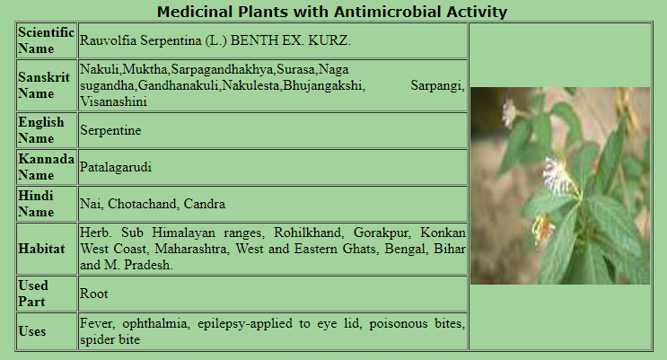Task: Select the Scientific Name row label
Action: (x=46, y=40)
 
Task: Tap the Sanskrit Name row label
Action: (x=44, y=85)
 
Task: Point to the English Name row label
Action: (x=40, y=130)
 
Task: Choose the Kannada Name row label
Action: (x=46, y=167)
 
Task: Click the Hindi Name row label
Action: (x=36, y=204)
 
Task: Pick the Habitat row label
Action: (x=41, y=249)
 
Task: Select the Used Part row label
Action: (x=33, y=294)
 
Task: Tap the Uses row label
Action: (x=32, y=331)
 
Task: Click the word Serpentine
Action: (x=110, y=130)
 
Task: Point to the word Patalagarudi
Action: (x=116, y=167)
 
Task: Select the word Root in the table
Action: (x=94, y=294)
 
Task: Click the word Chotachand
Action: (x=144, y=204)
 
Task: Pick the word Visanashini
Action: (x=114, y=101)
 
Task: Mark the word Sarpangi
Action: (x=438, y=86)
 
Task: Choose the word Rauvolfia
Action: (x=109, y=40)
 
